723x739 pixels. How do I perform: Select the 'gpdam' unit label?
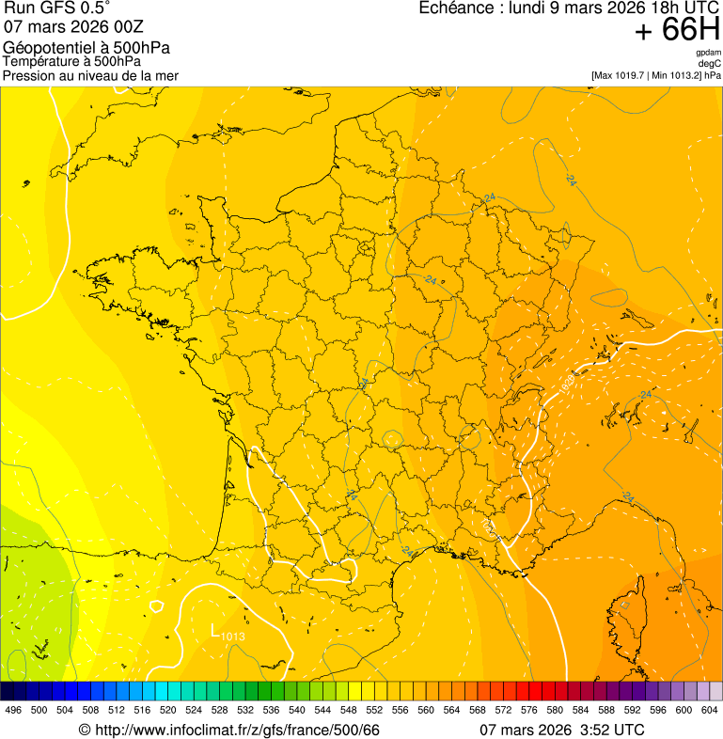pyautogui.click(x=708, y=53)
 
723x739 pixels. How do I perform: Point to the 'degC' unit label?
pyautogui.click(x=711, y=63)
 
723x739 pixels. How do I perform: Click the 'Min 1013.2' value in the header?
pyautogui.click(x=677, y=74)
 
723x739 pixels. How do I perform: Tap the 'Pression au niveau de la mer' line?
pyautogui.click(x=90, y=75)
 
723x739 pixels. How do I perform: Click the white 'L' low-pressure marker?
pyautogui.click(x=215, y=630)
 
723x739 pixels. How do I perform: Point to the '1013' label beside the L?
pyautogui.click(x=233, y=637)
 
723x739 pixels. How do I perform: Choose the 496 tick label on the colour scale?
pyautogui.click(x=13, y=710)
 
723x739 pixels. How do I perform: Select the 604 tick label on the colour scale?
pyautogui.click(x=710, y=710)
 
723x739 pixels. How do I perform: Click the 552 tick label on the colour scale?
pyautogui.click(x=374, y=710)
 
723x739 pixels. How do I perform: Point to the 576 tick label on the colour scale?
pyautogui.click(x=529, y=710)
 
